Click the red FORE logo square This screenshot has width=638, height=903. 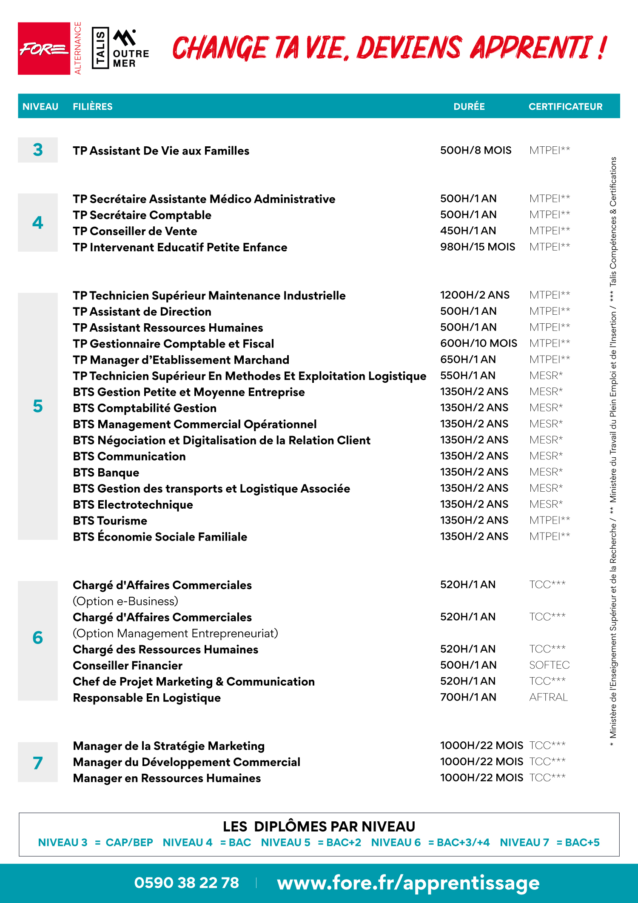tap(44, 48)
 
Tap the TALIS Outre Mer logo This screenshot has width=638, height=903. tap(121, 48)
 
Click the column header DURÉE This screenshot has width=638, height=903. tap(469, 106)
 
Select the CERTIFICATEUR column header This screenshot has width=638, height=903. tap(565, 106)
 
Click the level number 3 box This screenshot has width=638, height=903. tap(38, 150)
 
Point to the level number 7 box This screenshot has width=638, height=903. tap(38, 762)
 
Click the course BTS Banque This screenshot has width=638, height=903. tap(106, 473)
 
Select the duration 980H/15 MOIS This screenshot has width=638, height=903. tap(477, 247)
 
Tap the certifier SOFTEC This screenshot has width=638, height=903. tap(549, 665)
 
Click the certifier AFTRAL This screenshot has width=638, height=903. tap(548, 697)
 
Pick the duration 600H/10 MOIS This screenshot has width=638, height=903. tap(478, 343)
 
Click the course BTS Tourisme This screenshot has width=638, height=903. tap(110, 521)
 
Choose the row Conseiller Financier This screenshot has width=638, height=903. tap(128, 665)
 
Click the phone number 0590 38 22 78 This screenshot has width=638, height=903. tap(186, 883)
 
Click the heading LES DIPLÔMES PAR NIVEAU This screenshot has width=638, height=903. tap(319, 826)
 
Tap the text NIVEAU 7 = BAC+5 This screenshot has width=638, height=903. tap(550, 842)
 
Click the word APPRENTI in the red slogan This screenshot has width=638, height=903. tap(531, 47)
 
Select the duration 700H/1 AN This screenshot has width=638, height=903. tap(468, 697)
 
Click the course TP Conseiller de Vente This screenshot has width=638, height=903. tap(135, 231)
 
